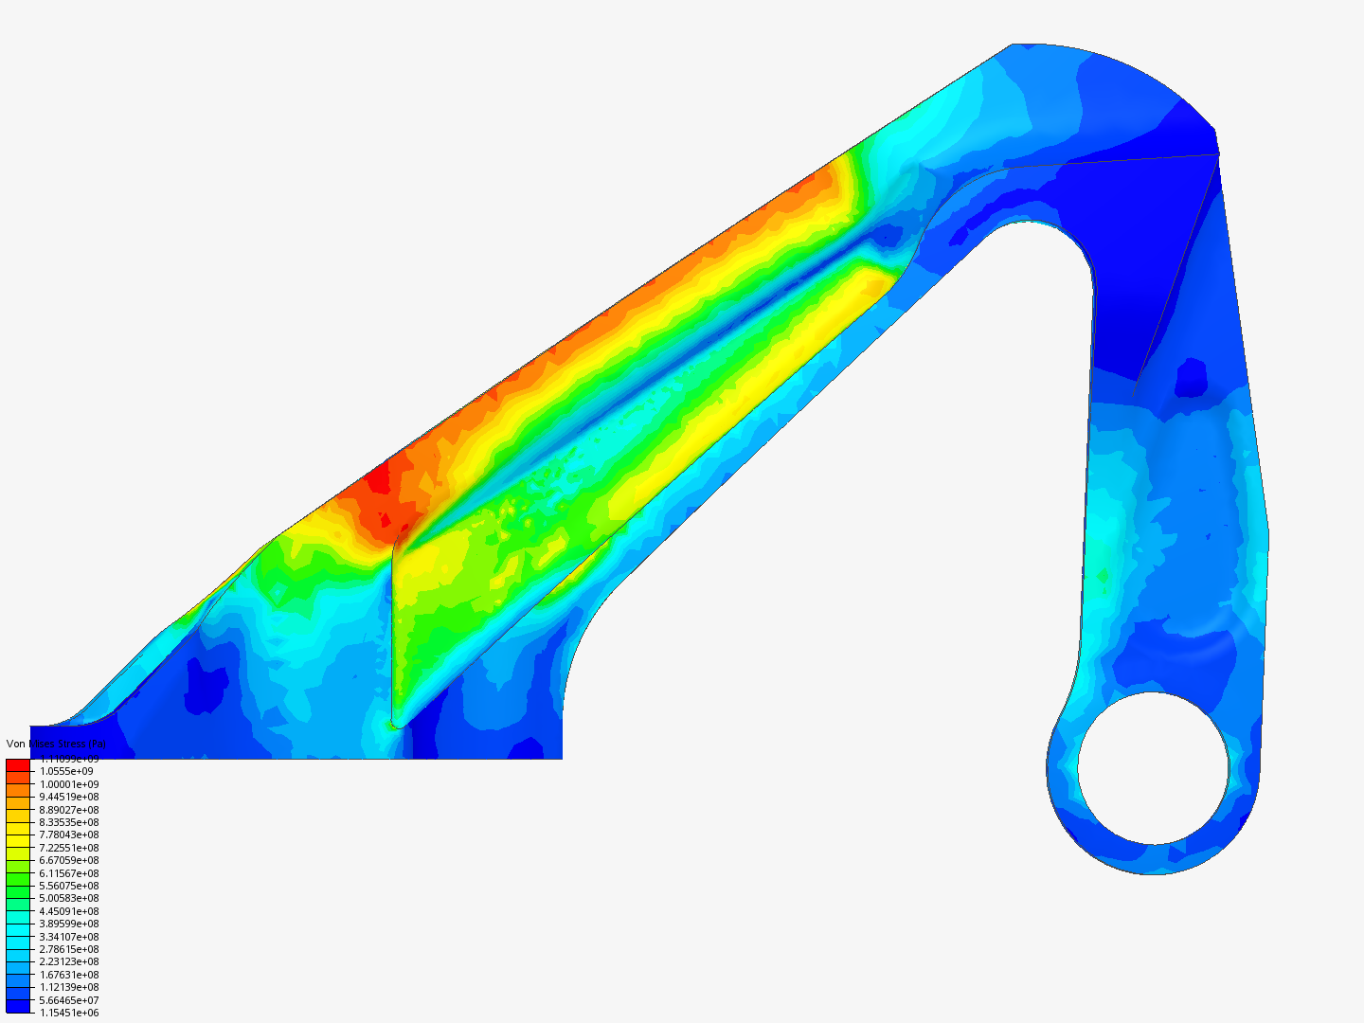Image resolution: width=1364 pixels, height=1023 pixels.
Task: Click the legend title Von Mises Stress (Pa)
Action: tap(56, 744)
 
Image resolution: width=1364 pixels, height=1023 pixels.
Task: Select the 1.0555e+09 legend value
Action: tap(66, 771)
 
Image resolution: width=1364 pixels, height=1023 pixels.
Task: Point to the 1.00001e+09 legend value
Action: tap(69, 784)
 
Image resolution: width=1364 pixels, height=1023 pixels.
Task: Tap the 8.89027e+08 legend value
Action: tap(69, 810)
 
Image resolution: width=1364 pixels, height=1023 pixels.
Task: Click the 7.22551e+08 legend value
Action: tap(69, 848)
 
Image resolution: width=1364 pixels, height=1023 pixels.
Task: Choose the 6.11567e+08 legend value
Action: tap(69, 873)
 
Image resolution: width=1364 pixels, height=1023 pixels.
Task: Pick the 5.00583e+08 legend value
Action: tap(69, 898)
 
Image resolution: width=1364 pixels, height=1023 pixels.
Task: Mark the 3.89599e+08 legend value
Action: tap(69, 924)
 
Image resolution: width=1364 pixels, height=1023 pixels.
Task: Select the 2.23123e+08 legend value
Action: tap(69, 961)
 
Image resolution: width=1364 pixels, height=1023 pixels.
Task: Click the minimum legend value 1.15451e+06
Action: tap(69, 1013)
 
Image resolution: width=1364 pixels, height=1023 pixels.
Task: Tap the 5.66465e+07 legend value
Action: tap(69, 1000)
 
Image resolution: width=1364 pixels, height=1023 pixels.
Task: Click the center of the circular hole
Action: tap(1153, 768)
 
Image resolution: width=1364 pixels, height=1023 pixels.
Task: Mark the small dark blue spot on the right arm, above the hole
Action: tap(1192, 378)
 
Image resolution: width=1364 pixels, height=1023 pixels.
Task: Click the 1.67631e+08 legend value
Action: tap(69, 975)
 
